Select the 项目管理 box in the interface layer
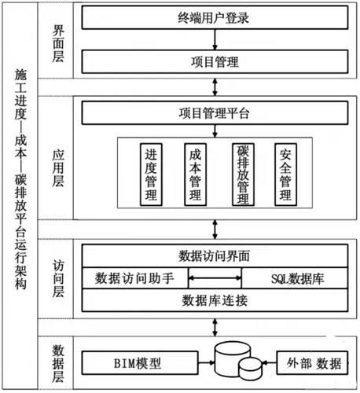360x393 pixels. [x=214, y=61]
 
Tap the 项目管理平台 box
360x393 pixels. [x=214, y=112]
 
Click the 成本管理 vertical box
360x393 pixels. [x=193, y=174]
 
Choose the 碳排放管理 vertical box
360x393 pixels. [x=243, y=174]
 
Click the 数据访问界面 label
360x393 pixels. [x=215, y=257]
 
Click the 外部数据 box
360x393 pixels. [x=313, y=363]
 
